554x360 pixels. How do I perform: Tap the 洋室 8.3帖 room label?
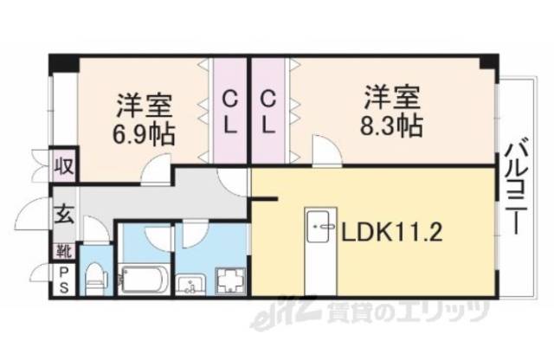(391, 110)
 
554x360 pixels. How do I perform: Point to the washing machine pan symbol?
(230, 281)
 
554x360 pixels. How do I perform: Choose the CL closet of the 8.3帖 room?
(268, 110)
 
